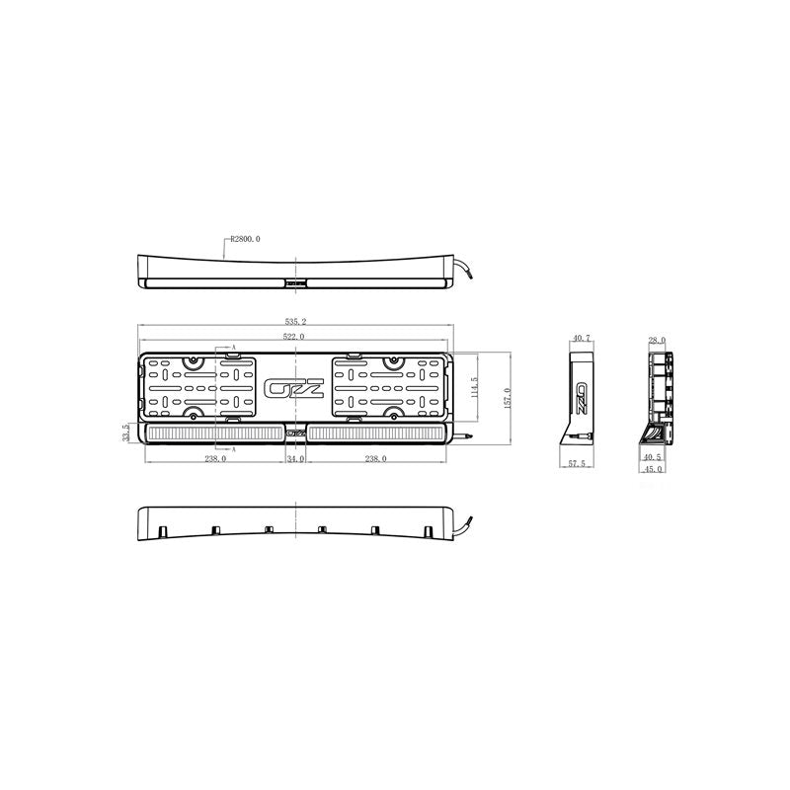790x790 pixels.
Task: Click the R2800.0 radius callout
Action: pos(245,238)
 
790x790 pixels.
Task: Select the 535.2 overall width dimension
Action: pos(294,322)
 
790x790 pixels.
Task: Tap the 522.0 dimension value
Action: pos(294,337)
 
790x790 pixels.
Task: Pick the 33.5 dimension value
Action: pos(125,433)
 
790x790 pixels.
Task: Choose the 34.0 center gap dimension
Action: pos(294,459)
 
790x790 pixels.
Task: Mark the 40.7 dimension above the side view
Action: pos(581,339)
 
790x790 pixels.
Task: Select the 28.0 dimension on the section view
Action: pos(658,340)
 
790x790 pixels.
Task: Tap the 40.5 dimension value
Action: pos(652,458)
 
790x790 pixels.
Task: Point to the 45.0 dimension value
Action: pos(652,469)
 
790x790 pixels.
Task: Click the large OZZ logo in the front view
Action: pos(294,388)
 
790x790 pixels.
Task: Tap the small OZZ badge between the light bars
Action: pos(294,433)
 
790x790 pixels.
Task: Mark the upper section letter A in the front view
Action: pos(233,349)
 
